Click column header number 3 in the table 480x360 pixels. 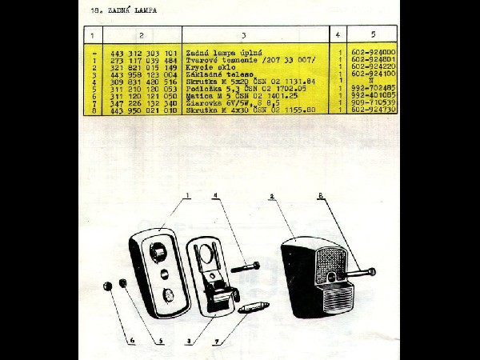(x=242, y=34)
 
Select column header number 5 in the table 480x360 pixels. (x=373, y=34)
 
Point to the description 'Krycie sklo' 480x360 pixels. (x=205, y=68)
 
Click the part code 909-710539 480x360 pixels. (x=374, y=104)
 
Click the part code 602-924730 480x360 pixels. (x=374, y=111)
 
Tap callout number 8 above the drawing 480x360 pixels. (x=320, y=194)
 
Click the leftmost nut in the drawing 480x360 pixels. (x=106, y=286)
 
